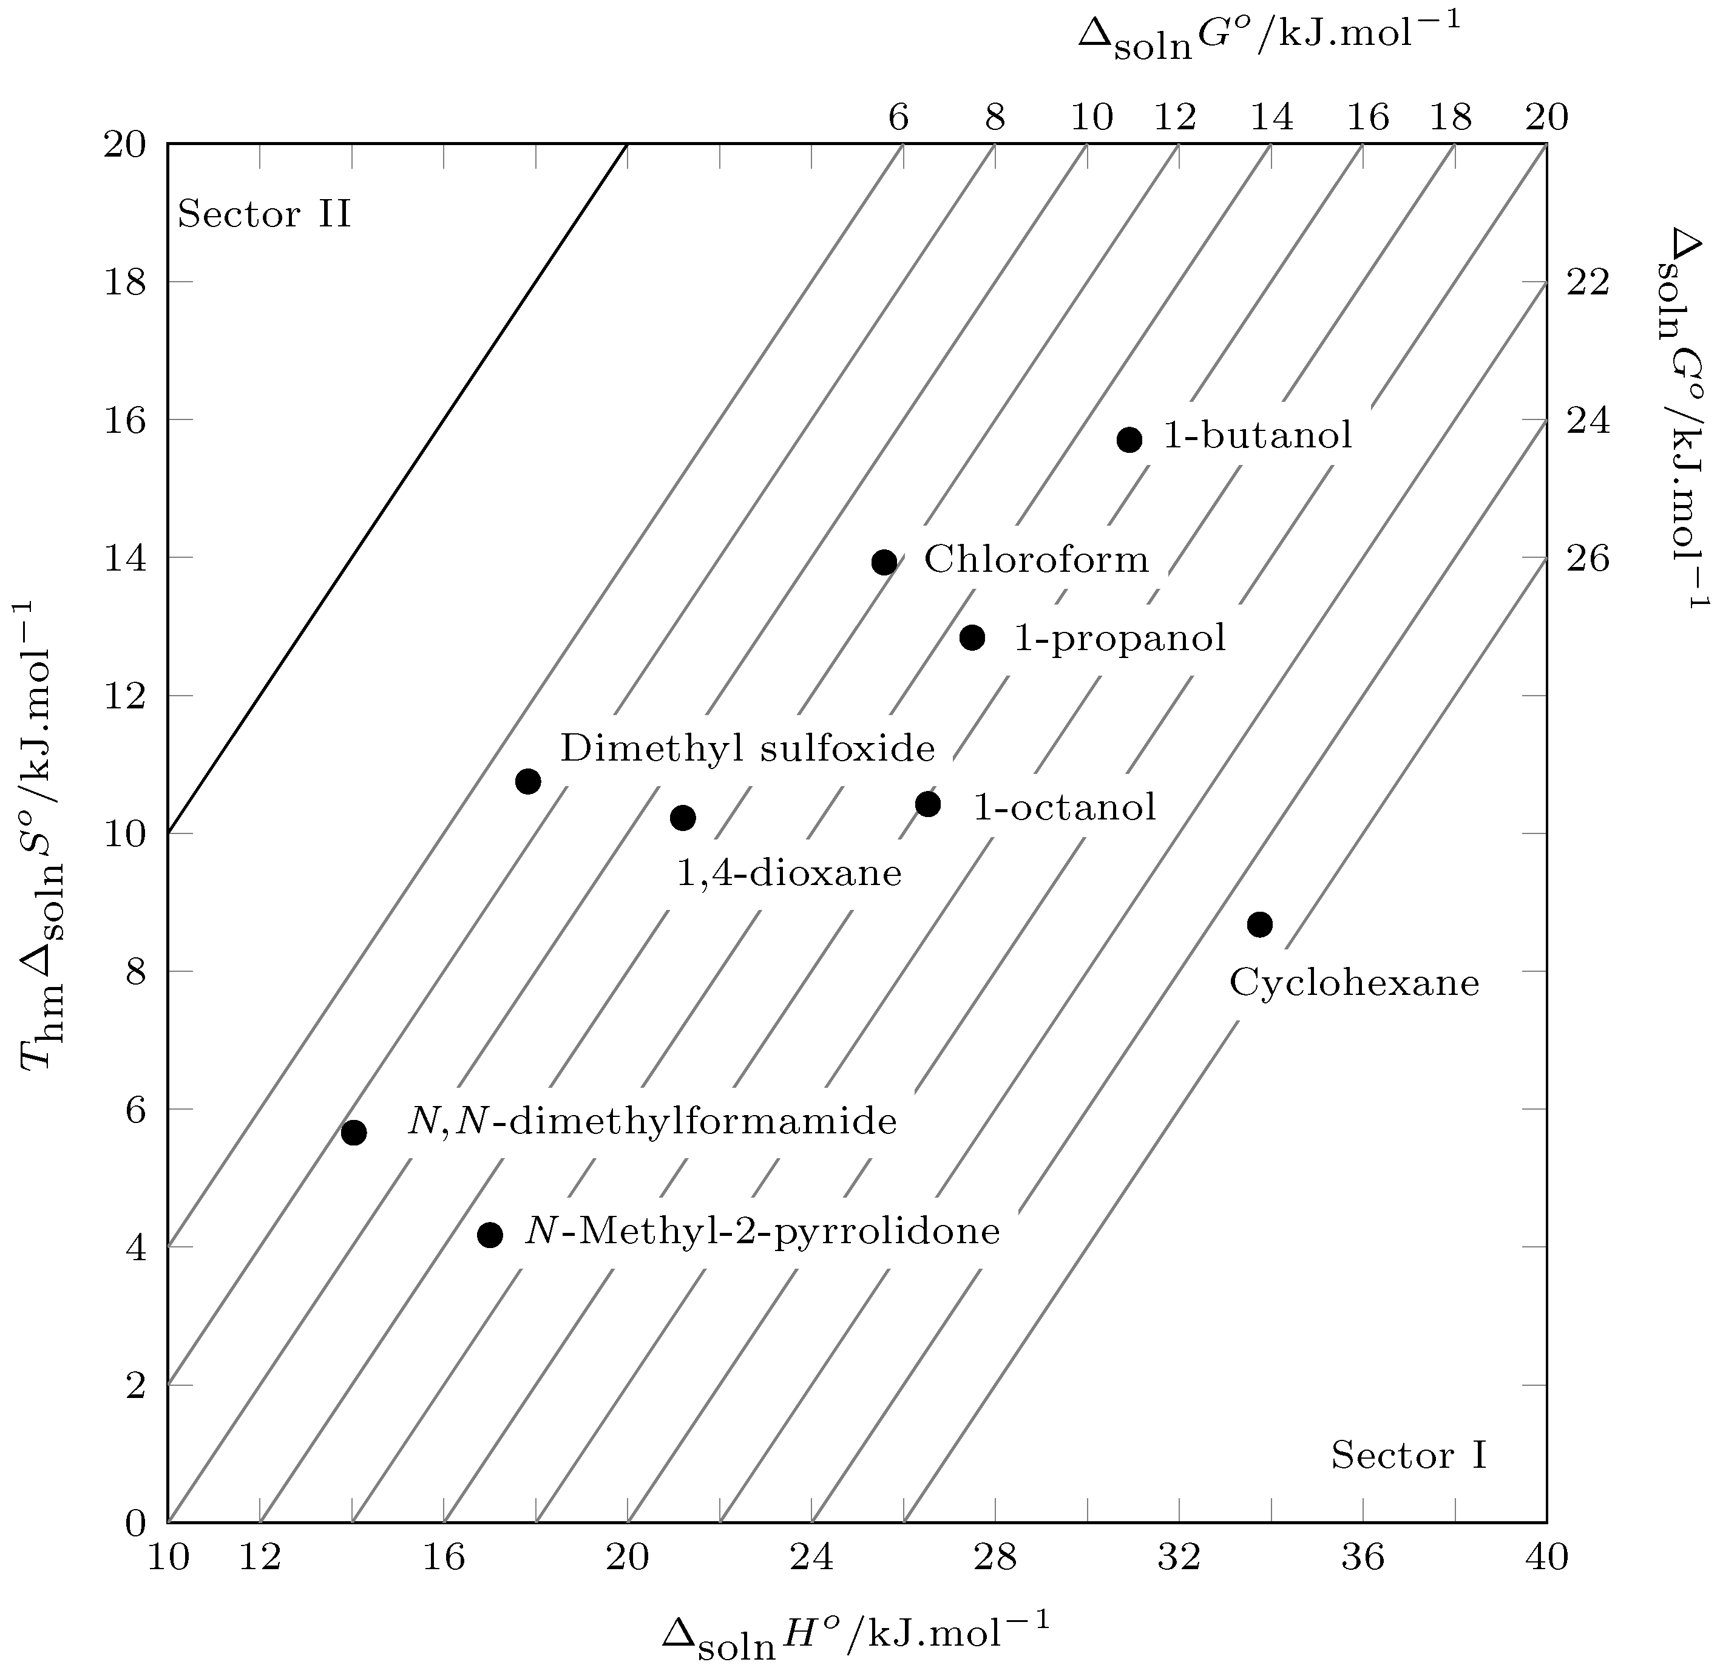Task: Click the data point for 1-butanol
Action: (1129, 439)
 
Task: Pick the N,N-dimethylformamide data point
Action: (354, 1132)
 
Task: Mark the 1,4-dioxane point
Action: (683, 818)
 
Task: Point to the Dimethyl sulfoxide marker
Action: (528, 781)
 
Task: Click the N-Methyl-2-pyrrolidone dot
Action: (490, 1235)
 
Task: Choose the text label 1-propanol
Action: (1120, 638)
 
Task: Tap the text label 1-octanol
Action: (1064, 806)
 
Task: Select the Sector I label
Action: (1409, 1455)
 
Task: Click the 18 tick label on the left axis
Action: (124, 282)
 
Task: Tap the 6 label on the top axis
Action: (898, 117)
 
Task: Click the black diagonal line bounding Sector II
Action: (396, 487)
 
